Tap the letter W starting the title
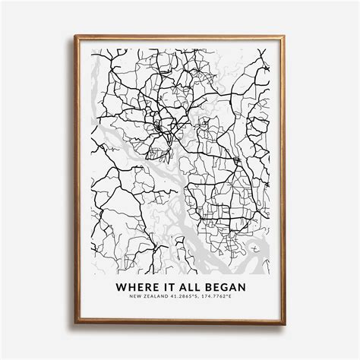tap(120, 287)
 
